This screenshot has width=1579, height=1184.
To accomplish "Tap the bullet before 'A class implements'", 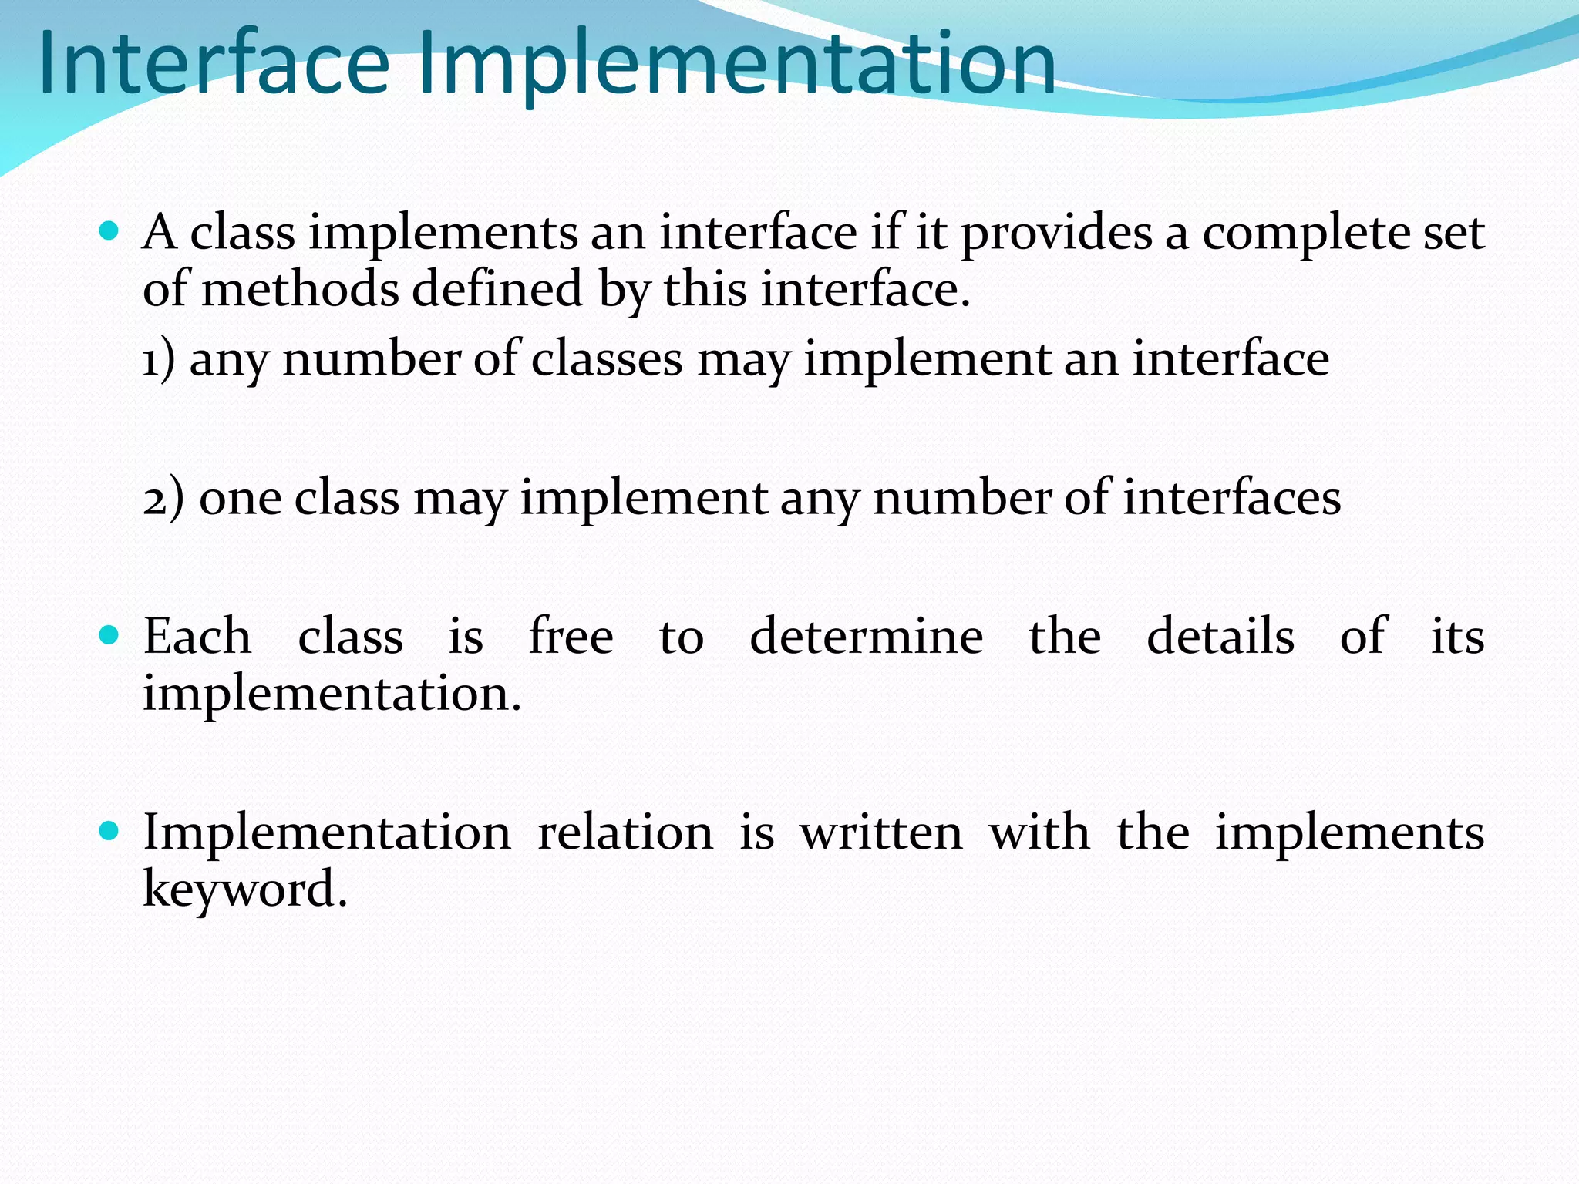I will click(109, 230).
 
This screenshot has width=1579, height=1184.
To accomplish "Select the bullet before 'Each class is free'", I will click(109, 635).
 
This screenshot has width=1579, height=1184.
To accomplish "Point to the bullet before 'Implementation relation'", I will click(109, 831).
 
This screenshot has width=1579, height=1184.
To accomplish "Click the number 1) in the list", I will click(159, 359).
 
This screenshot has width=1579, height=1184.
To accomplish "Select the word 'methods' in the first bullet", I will click(300, 290).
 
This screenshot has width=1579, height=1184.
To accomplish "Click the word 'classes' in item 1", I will click(607, 359).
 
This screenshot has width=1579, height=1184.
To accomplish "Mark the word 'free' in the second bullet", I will click(571, 637).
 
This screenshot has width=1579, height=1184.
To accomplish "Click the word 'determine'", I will click(866, 637).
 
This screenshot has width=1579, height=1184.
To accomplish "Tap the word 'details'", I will click(1220, 637).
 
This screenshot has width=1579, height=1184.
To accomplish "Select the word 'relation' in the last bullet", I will click(625, 832).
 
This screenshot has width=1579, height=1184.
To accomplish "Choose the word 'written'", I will click(881, 832).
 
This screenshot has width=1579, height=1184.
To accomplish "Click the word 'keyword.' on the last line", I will click(245, 890).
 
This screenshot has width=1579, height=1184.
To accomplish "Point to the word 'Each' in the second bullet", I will click(197, 637).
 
